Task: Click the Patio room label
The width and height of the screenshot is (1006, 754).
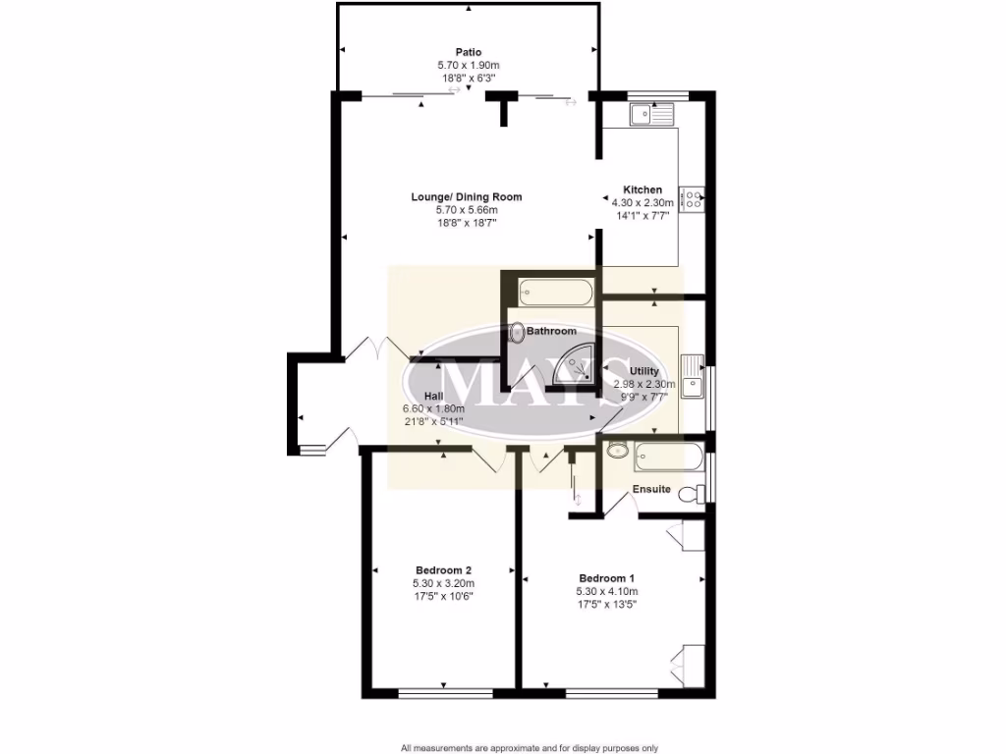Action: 468,52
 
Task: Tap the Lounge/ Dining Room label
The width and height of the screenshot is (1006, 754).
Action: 467,197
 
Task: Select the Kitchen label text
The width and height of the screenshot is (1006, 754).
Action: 643,189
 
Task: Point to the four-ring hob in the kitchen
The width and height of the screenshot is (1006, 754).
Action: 692,199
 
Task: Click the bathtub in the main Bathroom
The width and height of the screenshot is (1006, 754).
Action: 555,292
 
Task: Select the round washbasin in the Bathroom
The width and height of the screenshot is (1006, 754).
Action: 517,334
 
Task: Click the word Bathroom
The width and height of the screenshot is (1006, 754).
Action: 551,332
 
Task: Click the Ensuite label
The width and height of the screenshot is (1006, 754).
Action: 651,489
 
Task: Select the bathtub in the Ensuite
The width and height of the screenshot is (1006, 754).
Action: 668,455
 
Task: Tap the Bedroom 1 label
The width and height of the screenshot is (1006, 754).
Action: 607,577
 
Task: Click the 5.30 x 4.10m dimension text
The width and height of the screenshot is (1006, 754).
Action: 607,592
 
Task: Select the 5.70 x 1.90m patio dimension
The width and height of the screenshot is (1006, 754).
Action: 468,65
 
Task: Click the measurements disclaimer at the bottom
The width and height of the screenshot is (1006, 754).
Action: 529,747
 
